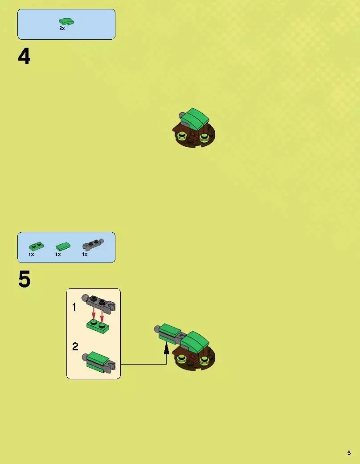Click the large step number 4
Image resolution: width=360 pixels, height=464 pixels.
(x=24, y=57)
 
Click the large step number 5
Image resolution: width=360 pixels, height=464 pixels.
(x=24, y=279)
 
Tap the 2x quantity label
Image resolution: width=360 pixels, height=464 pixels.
(x=62, y=29)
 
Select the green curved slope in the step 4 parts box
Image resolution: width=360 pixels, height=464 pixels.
(x=66, y=21)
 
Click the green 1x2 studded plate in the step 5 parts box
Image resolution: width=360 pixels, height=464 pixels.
(x=37, y=246)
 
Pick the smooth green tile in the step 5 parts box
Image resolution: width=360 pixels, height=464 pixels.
(x=63, y=246)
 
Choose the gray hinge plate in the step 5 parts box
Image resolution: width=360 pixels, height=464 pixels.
(x=93, y=244)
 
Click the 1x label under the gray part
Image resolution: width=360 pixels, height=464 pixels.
(x=85, y=254)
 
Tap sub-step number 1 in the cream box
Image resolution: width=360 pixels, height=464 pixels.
(x=74, y=307)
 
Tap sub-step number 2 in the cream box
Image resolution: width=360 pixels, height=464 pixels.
(x=75, y=346)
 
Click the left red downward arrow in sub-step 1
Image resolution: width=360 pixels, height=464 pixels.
(x=94, y=313)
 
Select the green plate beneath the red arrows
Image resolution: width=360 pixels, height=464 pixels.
(x=98, y=327)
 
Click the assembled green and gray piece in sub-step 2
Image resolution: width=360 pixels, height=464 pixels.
(x=99, y=362)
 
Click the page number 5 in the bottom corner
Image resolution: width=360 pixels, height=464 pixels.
(x=349, y=453)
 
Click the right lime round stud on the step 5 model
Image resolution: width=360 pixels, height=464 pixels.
(x=204, y=360)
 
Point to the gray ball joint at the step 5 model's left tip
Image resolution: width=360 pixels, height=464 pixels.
(x=157, y=328)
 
